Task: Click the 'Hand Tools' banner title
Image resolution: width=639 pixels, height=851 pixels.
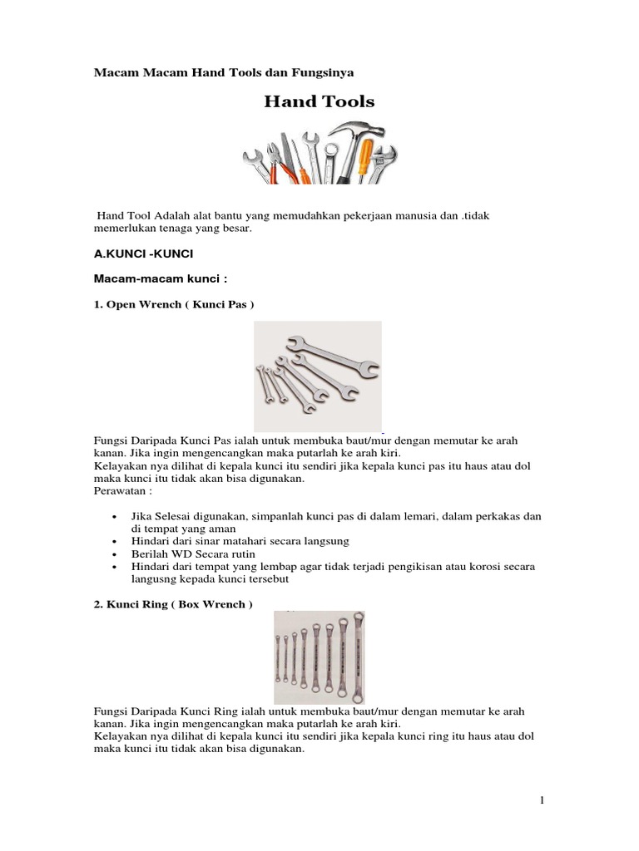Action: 319,102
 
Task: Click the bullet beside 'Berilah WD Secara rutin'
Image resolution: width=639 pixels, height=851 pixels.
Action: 113,553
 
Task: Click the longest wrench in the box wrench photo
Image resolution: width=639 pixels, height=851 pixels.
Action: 358,657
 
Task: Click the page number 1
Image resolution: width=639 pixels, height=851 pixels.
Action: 542,801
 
